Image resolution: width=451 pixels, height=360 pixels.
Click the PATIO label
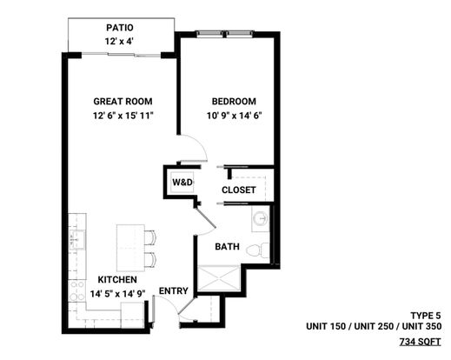coord(120,28)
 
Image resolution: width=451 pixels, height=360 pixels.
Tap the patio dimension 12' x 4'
coord(119,41)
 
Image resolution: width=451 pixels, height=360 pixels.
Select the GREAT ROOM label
coord(123,101)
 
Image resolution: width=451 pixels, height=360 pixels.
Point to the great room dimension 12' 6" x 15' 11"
coord(123,116)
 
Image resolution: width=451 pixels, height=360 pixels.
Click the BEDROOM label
coord(234,101)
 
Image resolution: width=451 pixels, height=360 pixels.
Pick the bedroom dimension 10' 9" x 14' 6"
coord(234,116)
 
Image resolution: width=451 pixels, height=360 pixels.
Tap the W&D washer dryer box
coord(182,183)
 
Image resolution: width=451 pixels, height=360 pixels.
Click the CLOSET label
coord(239,190)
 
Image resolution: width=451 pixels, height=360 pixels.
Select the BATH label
coord(227,247)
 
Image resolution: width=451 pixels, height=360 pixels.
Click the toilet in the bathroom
coord(258,250)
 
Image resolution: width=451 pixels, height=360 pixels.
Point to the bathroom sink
coord(260,218)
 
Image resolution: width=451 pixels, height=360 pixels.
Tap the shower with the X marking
coord(219,278)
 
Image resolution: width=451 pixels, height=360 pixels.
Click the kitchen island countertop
coord(130,248)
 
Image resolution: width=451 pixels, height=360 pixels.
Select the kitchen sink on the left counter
coord(77,240)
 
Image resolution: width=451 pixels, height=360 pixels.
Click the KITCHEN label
coord(117,279)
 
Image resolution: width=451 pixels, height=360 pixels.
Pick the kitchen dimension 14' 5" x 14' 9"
coord(117,294)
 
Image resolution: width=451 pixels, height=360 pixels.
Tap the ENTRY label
coord(174,290)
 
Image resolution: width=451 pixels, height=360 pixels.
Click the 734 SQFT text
coord(421,342)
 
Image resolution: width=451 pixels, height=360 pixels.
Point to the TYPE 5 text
coord(426,315)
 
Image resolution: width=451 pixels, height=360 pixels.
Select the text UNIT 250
coord(374,326)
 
